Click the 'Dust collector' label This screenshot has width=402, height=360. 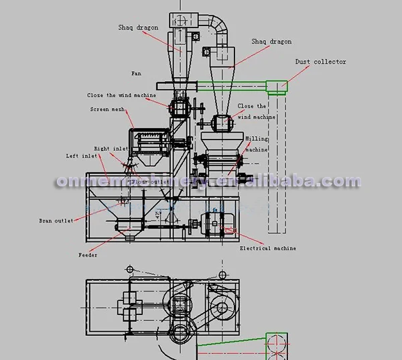(321, 62)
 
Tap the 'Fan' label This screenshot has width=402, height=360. (136, 72)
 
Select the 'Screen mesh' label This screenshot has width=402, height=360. (105, 109)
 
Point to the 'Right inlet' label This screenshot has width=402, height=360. (111, 149)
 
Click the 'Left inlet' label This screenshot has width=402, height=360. (81, 156)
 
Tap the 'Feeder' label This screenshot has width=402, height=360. (87, 255)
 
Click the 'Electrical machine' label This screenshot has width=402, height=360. (268, 249)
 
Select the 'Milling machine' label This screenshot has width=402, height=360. (257, 143)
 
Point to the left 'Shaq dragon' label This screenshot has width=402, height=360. (137, 27)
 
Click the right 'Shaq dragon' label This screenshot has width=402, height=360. (271, 42)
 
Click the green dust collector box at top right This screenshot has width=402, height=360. (276, 86)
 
